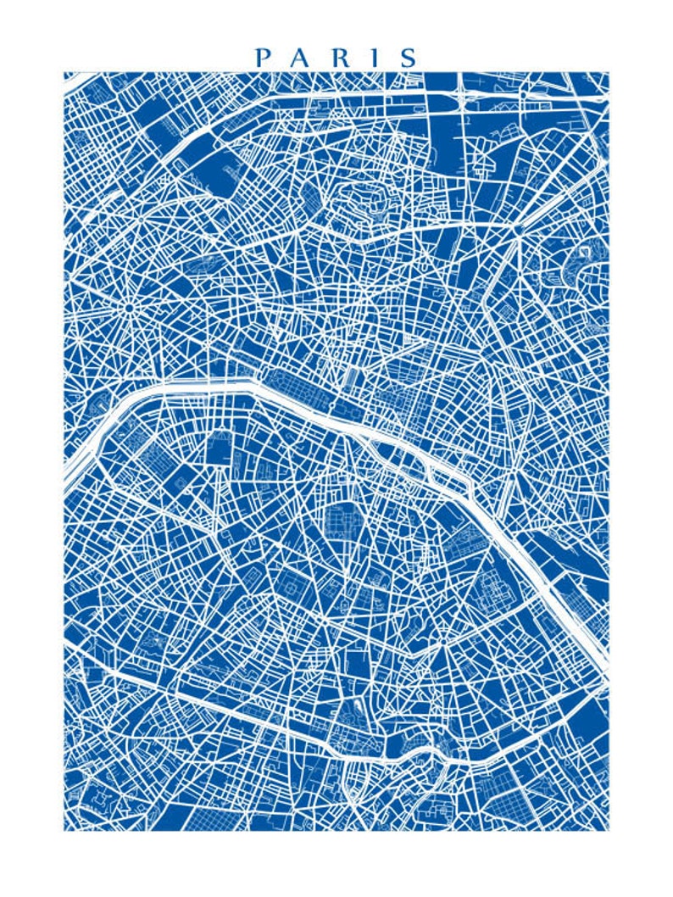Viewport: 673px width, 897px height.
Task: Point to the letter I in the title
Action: (x=375, y=58)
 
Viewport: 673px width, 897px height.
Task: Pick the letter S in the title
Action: (x=409, y=58)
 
